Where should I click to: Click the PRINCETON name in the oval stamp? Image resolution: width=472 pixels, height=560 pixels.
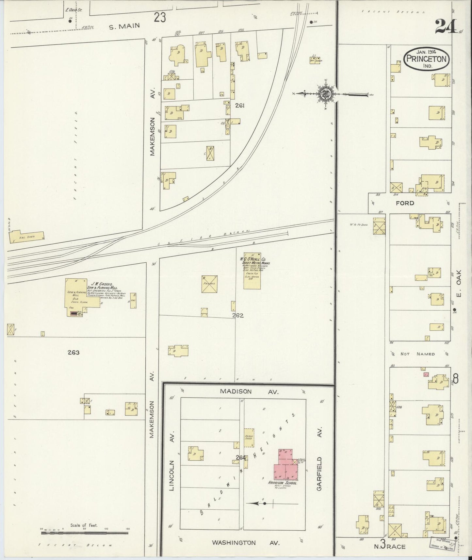[x=427, y=59]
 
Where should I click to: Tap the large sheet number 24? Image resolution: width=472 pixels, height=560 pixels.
[x=446, y=26]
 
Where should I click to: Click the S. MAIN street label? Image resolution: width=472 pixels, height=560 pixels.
[x=124, y=27]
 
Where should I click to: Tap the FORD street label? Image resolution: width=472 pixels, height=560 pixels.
[x=405, y=203]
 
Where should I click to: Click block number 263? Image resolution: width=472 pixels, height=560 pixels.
[x=74, y=353]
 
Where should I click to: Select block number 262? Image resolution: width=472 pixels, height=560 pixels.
[x=238, y=316]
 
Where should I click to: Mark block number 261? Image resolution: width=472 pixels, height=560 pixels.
[x=239, y=106]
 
